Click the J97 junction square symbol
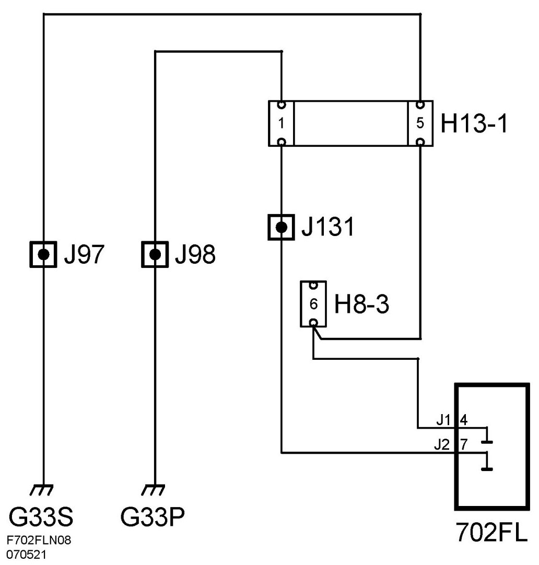point(43,254)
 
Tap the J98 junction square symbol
point(155,254)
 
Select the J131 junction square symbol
point(281,227)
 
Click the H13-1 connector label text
point(474,124)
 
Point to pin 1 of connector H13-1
point(281,124)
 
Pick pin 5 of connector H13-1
point(420,124)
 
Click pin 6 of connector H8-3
point(313,304)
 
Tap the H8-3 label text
point(361,305)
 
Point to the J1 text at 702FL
point(444,419)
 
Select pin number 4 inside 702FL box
point(463,419)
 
